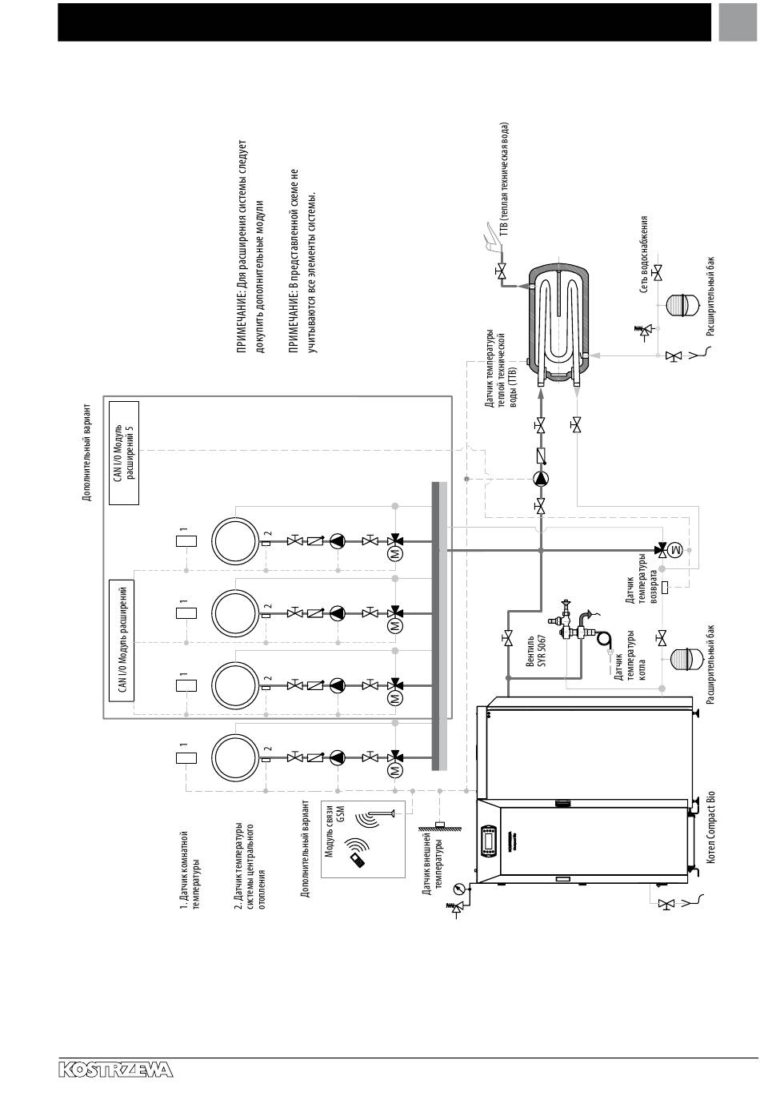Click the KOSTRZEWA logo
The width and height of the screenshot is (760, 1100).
[x=115, y=1070]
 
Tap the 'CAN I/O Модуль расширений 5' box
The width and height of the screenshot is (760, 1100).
[x=124, y=453]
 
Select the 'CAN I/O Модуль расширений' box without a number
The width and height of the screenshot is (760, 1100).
[x=121, y=640]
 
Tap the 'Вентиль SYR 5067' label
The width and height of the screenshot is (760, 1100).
[x=535, y=651]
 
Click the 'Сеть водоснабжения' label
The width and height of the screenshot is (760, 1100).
[x=644, y=255]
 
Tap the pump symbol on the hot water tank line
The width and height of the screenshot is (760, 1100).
[x=540, y=478]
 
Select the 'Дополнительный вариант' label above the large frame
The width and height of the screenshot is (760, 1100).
[x=86, y=452]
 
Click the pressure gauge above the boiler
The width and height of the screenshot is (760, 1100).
[x=458, y=887]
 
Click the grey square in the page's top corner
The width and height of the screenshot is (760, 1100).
[x=738, y=22]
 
